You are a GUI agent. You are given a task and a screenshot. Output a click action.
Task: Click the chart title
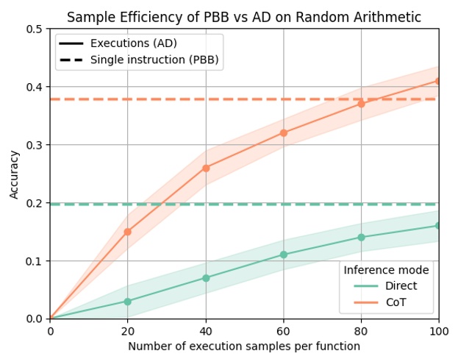pos(244,18)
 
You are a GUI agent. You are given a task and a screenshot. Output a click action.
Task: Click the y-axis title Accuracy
pos(15,174)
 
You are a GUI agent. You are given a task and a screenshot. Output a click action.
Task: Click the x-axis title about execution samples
pos(244,347)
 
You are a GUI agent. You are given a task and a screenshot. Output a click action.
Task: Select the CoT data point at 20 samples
pos(127,232)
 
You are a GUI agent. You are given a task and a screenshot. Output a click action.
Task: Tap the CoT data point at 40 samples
pos(206,168)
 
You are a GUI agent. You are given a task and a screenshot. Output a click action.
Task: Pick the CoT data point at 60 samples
pos(283,133)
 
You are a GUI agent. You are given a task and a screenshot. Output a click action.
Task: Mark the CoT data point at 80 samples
pos(361,104)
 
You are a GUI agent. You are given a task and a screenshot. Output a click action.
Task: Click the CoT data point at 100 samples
pos(439,81)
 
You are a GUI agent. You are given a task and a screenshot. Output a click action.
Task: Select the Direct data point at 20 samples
pos(127,302)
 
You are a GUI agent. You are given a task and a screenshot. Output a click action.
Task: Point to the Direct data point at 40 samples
pos(206,278)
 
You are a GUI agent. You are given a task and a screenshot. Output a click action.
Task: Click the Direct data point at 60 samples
pos(283,255)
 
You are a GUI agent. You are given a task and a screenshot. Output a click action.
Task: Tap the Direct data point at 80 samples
pos(361,238)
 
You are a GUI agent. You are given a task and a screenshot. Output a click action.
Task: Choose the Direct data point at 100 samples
pos(439,226)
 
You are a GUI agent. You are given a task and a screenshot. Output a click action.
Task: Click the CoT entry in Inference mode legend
pos(397,302)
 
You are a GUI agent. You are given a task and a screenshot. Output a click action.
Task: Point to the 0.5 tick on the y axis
pos(35,29)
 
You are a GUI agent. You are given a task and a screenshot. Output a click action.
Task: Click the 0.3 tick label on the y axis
pos(35,145)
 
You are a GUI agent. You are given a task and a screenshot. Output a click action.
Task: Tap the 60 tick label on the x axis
pos(283,332)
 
